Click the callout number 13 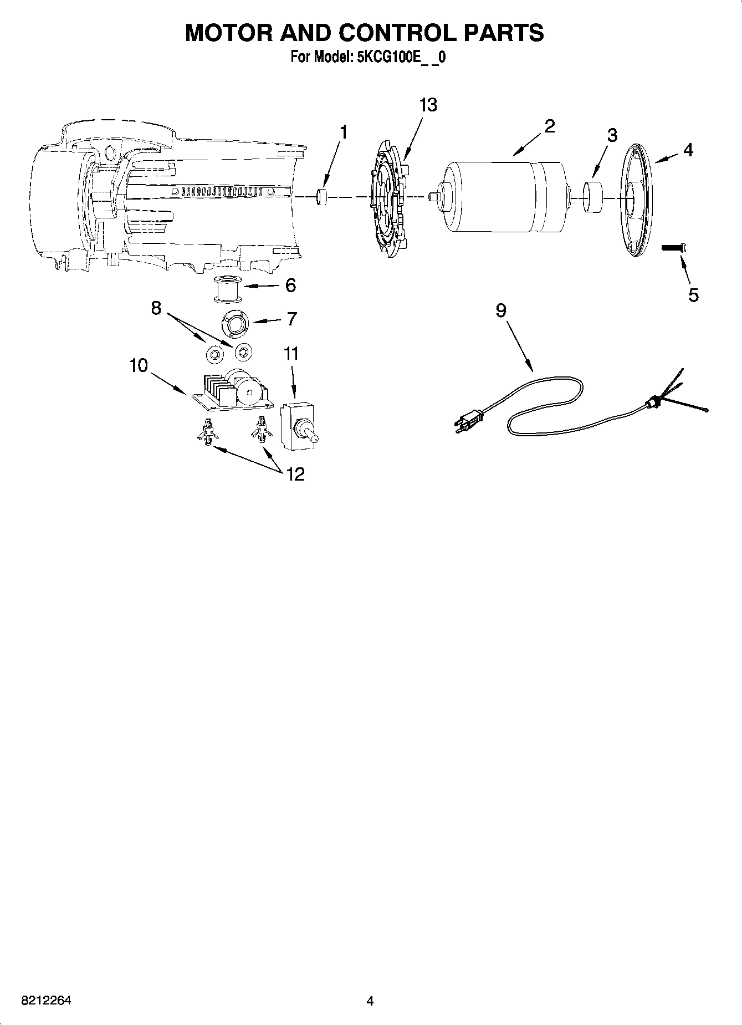[428, 105]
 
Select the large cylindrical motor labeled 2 [504, 196]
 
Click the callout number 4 [688, 150]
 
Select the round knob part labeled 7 [235, 324]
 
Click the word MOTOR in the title [228, 33]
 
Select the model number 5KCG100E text [388, 58]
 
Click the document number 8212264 [46, 1001]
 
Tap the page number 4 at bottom [370, 1001]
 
